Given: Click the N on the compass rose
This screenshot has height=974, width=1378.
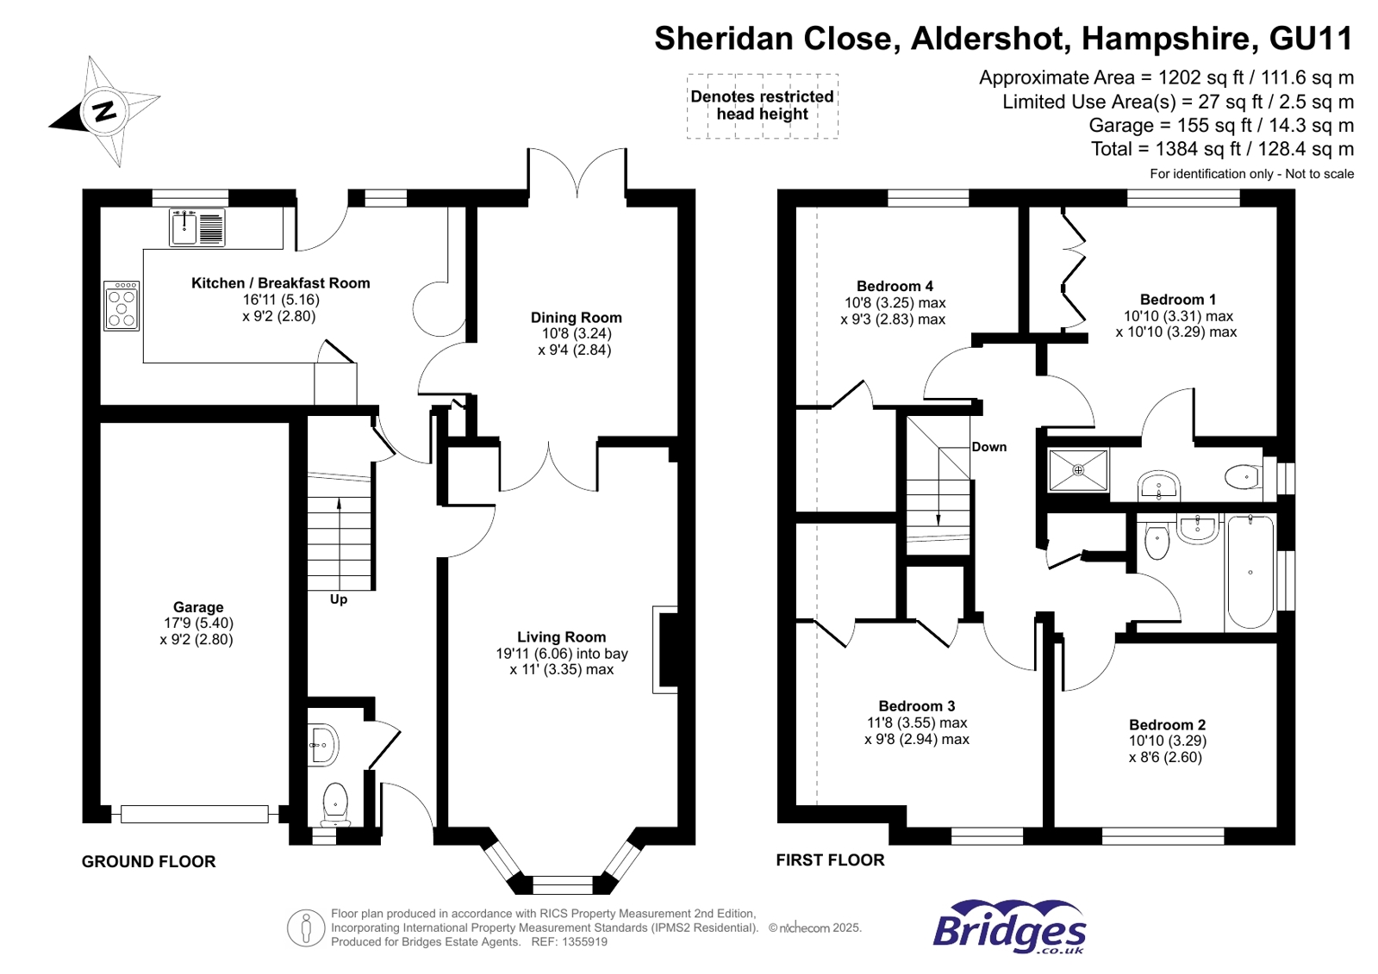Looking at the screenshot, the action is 105,111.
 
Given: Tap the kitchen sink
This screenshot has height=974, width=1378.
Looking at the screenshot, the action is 196,226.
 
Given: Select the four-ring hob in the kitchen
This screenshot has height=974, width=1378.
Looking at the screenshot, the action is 122,306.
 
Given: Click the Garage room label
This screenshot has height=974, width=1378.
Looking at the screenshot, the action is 198,607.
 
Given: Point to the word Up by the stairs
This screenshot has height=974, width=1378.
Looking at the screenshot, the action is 339,599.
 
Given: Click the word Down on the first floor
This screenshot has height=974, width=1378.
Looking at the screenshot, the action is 989,447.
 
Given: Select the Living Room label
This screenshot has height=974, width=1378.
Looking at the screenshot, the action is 562,637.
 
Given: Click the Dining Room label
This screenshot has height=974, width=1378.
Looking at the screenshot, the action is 577,318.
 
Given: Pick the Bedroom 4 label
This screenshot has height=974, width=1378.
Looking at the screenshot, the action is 895,286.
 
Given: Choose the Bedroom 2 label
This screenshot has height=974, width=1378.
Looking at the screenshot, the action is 1168,725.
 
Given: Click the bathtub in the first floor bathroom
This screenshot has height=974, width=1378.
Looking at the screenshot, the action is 1250,573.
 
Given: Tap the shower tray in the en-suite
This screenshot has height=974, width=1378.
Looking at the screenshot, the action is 1078,470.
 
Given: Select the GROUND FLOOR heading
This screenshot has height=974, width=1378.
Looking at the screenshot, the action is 149,862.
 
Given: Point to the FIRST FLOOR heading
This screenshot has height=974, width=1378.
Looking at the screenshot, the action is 831,860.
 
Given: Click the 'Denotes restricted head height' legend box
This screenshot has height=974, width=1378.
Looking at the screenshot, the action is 762,106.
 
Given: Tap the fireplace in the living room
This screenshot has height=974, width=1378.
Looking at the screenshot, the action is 665,650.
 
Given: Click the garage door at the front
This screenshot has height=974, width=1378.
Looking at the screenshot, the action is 195,814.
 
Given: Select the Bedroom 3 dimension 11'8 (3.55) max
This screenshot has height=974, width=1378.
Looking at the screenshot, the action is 917,723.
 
